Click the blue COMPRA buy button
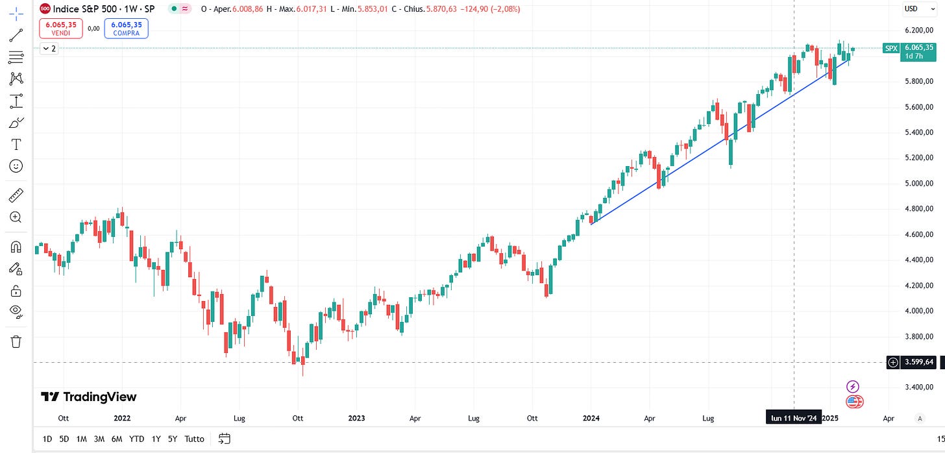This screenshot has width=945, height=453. click(x=126, y=28)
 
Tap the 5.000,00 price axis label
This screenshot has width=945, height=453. click(x=918, y=183)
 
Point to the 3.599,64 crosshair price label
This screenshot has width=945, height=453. click(x=918, y=362)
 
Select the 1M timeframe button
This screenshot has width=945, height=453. click(x=82, y=439)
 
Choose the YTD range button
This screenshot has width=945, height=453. click(x=136, y=439)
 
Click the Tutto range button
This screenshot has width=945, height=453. click(x=194, y=439)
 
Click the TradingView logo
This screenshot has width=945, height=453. click(x=88, y=397)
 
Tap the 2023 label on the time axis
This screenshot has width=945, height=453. click(x=356, y=419)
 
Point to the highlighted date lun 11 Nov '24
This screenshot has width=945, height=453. click(x=794, y=419)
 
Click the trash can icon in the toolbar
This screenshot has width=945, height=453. click(x=16, y=341)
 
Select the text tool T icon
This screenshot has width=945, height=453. click(x=16, y=144)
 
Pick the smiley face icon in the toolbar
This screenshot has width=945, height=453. click(x=16, y=166)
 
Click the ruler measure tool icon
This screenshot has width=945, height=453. click(x=16, y=195)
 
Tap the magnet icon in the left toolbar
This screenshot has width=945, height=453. click(x=16, y=247)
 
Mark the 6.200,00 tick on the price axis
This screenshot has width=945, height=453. click(x=918, y=30)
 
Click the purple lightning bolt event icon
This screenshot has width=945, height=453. click(x=853, y=387)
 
